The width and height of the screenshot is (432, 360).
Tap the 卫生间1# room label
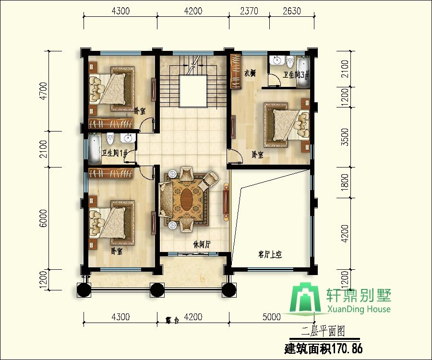coord(114,154)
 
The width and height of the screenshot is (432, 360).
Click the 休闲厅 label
coord(202,244)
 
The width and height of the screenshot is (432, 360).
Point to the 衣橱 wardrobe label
coord(250,73)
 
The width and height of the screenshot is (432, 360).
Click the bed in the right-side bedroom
coord(285,123)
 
